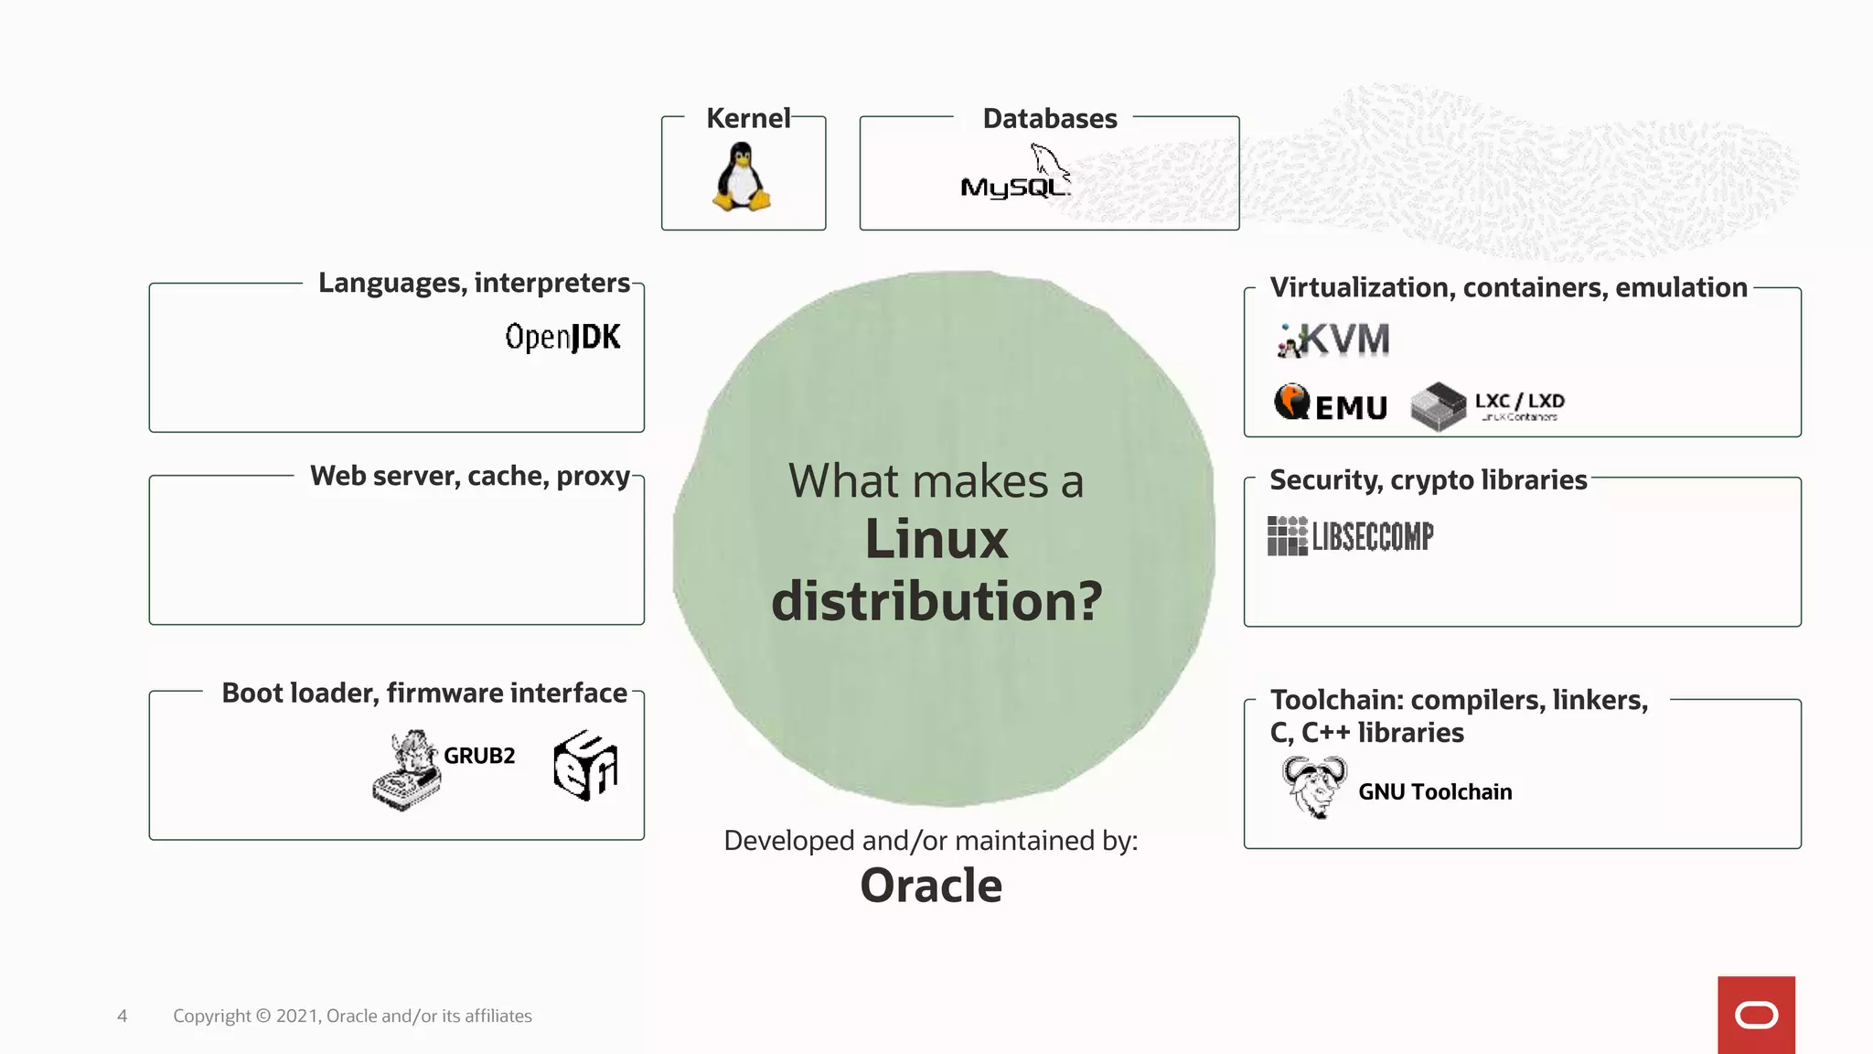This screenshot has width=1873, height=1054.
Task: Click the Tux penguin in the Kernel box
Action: pos(742,177)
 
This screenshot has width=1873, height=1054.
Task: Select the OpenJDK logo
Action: pos(562,337)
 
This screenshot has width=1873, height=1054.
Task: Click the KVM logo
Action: pos(1334,340)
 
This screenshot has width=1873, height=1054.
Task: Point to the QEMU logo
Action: pos(1331,403)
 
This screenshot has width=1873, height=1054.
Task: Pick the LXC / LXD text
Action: pos(1519,401)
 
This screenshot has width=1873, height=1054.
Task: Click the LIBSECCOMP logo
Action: pos(1351,536)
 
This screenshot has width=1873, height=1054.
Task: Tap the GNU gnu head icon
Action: pos(1314,787)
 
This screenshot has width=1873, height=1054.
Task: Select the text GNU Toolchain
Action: pos(1434,791)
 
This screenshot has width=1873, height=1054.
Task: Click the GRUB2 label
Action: pos(479,756)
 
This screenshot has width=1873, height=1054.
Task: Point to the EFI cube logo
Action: pos(585,765)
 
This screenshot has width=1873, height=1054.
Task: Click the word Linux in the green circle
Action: pos(936,539)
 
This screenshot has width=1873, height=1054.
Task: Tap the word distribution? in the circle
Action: pos(936,601)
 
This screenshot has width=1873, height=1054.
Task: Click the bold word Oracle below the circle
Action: pos(931,886)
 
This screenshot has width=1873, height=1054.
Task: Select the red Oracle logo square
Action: pos(1756,1015)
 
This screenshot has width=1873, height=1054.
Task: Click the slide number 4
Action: pos(122,1016)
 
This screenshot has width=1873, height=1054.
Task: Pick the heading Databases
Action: pos(1049,119)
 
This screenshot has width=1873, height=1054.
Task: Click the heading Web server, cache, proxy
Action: pos(470,476)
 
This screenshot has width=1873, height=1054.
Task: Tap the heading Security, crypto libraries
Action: pos(1428,479)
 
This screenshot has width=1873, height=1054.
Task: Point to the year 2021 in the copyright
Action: pos(296,1016)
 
